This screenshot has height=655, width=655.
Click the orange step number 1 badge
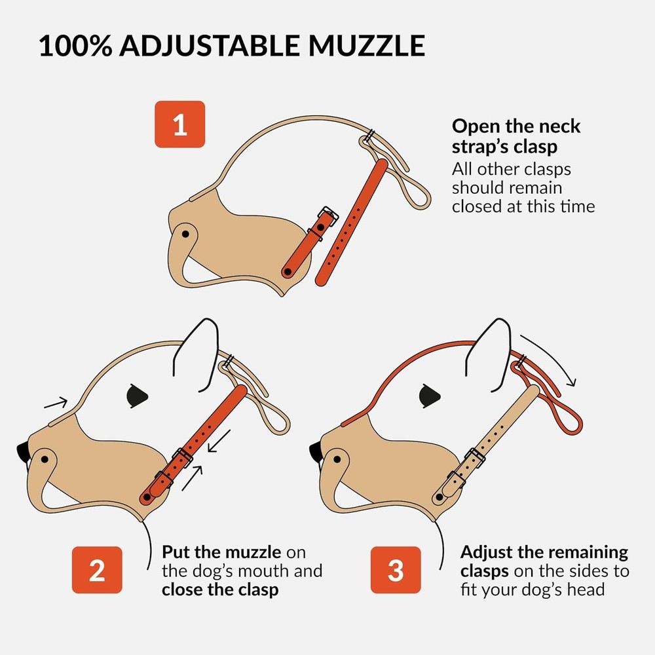(180, 124)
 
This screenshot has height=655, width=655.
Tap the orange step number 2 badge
(97, 570)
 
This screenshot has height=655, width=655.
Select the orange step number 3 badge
(396, 570)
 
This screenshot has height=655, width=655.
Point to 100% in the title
(76, 47)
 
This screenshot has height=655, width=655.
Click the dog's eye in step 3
(430, 394)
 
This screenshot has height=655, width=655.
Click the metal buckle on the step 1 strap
(326, 215)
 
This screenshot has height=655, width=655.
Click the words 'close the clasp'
(220, 589)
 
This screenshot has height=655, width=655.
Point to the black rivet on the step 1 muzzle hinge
(185, 233)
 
